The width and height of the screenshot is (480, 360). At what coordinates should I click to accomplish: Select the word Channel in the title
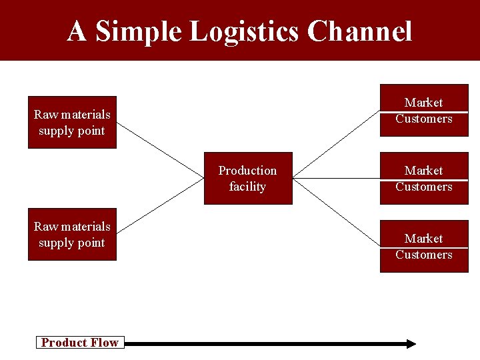(361, 31)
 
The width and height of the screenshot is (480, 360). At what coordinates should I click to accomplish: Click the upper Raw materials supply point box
(72, 123)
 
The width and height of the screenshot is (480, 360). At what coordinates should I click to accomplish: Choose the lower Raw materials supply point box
(72, 235)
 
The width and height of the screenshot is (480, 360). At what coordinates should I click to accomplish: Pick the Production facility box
(247, 179)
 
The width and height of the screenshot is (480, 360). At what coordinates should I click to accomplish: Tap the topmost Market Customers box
(424, 111)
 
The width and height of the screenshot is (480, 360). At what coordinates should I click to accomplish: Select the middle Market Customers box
(424, 179)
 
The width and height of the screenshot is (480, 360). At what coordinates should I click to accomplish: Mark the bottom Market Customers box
(424, 247)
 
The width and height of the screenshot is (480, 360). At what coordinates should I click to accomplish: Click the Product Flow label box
(79, 343)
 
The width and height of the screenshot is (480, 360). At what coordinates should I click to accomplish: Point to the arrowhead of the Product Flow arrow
(411, 343)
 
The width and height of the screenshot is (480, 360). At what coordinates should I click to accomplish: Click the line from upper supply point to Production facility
(160, 151)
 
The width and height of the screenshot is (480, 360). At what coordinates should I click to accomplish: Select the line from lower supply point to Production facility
(160, 207)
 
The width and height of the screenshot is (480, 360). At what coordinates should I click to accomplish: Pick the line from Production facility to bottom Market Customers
(336, 213)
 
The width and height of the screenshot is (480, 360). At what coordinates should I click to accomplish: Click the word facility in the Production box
(247, 187)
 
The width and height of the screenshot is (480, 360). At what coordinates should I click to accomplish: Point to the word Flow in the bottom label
(105, 343)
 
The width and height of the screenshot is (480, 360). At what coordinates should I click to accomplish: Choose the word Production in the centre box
(247, 171)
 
